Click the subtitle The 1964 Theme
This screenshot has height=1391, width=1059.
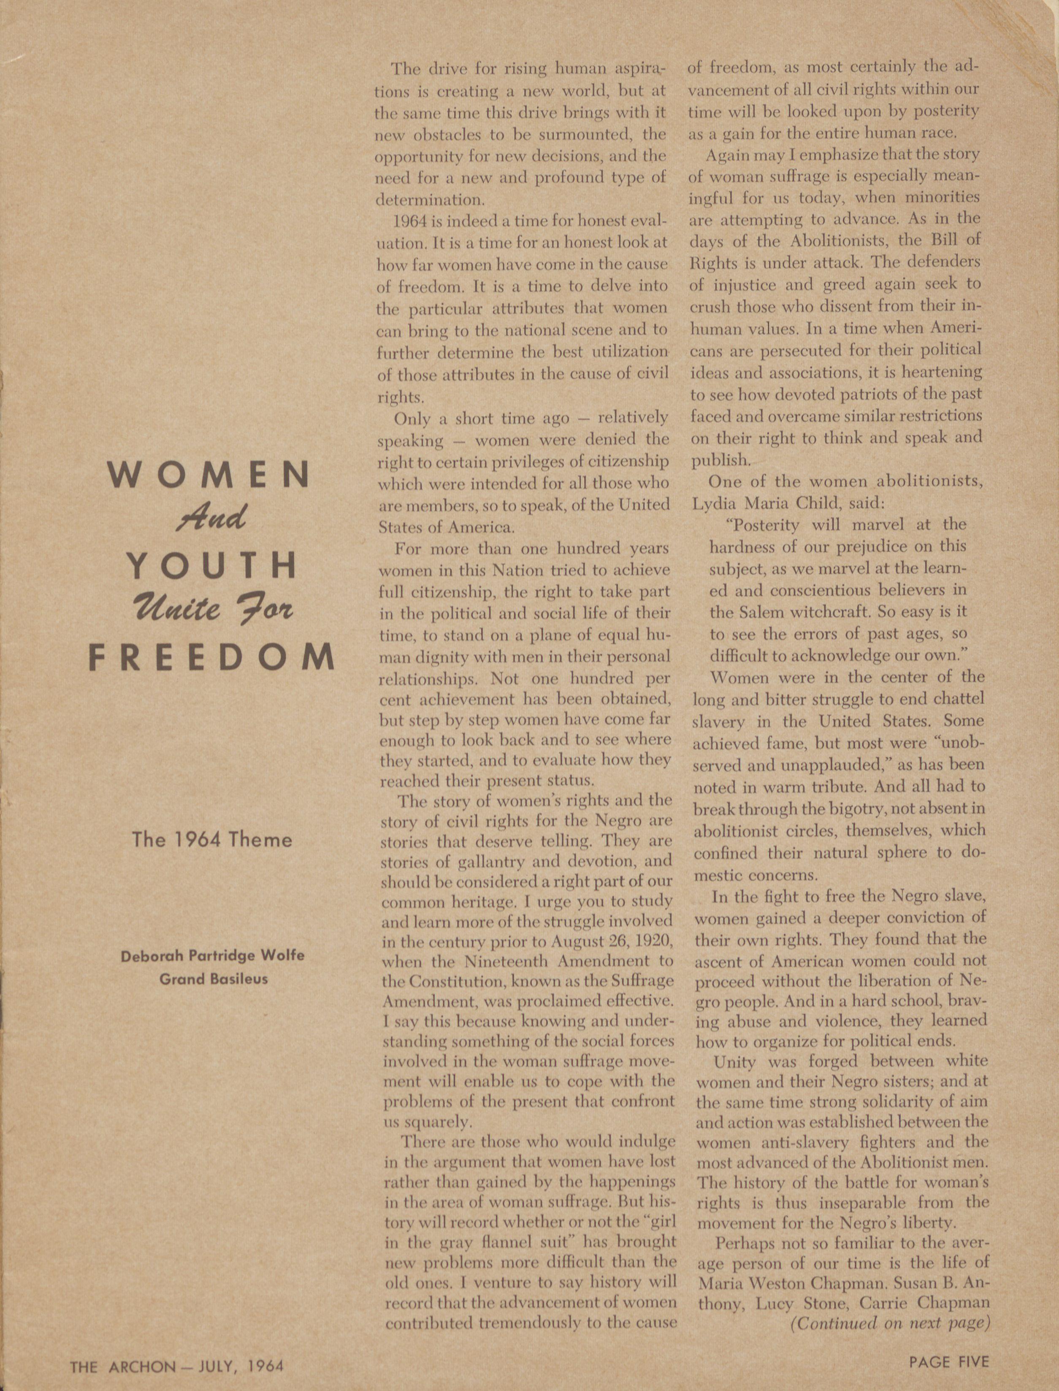212,839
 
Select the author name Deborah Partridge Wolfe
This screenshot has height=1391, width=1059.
212,955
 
